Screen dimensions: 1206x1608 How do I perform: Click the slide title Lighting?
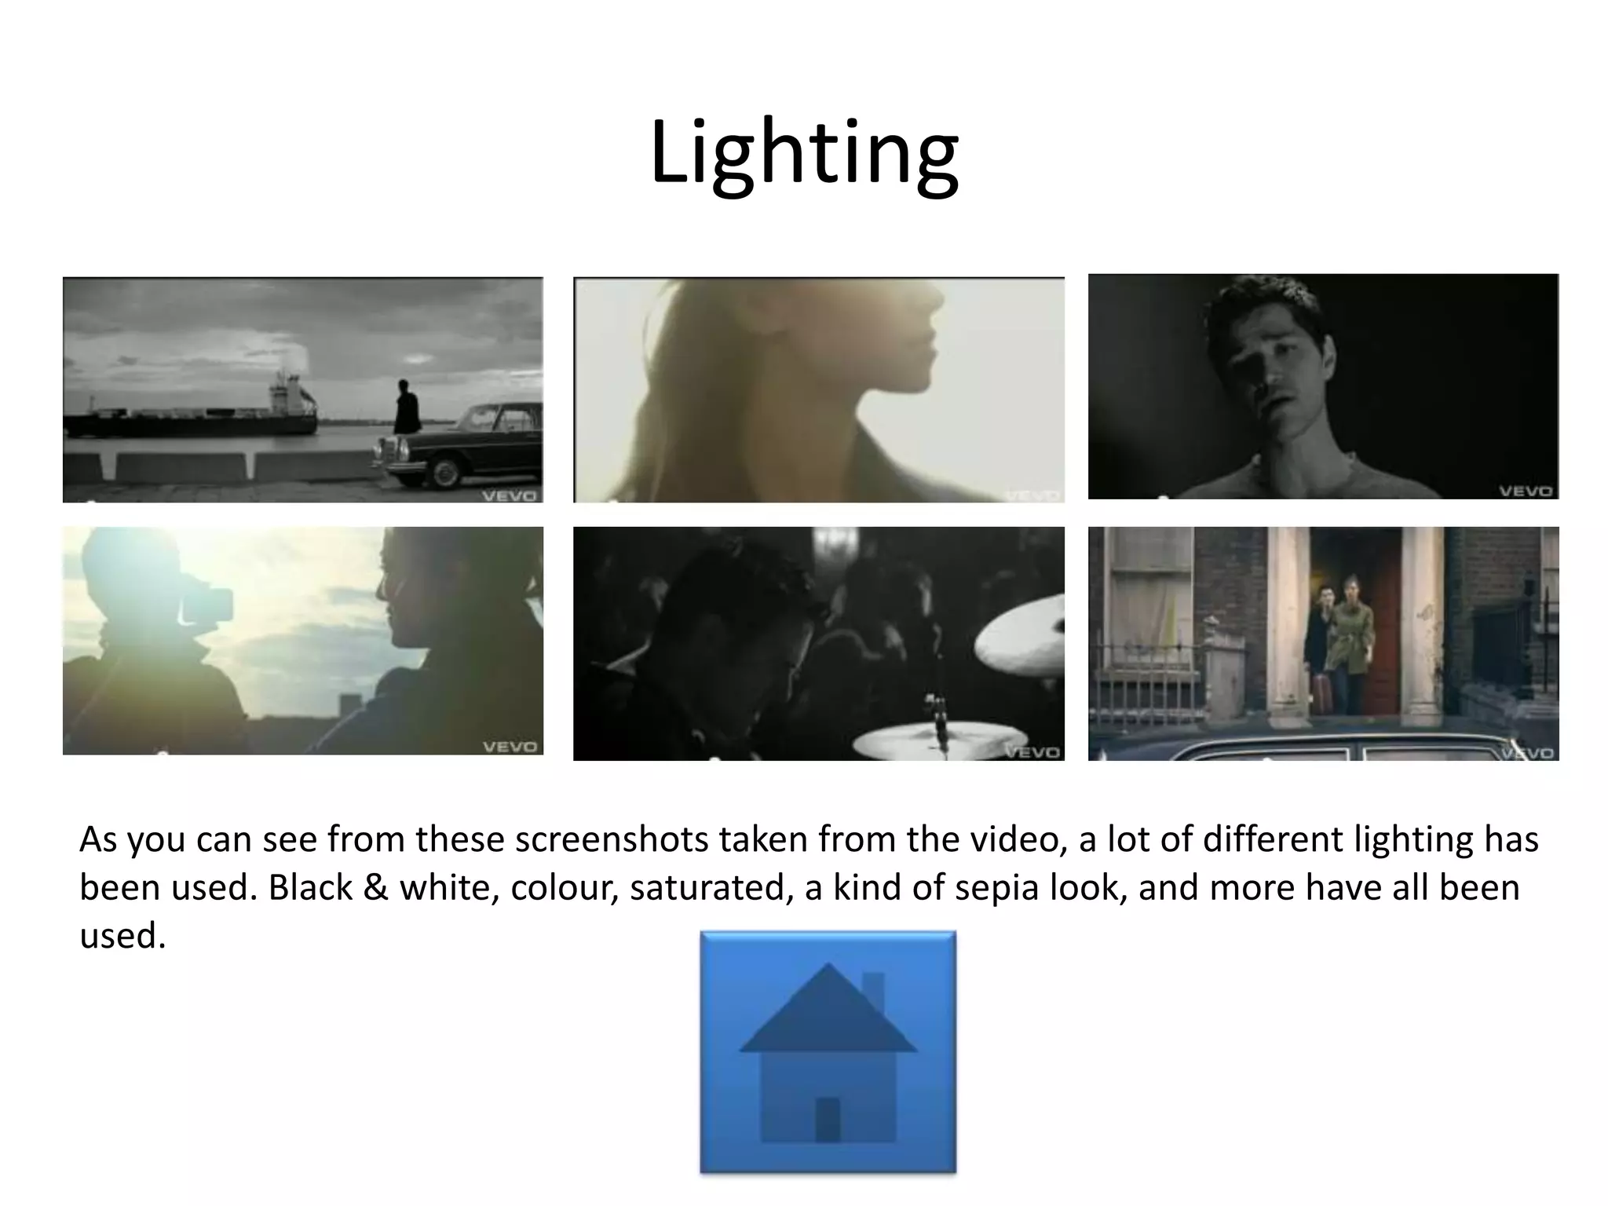(x=804, y=153)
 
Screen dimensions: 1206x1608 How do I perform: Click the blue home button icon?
(x=828, y=1052)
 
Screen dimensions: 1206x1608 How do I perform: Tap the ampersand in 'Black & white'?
(x=376, y=888)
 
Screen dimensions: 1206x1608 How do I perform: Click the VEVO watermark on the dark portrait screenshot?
(x=1525, y=491)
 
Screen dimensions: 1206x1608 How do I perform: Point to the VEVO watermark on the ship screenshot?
(x=509, y=495)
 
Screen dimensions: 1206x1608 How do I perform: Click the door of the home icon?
(x=828, y=1119)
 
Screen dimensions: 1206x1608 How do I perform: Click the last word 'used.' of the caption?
(x=122, y=936)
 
